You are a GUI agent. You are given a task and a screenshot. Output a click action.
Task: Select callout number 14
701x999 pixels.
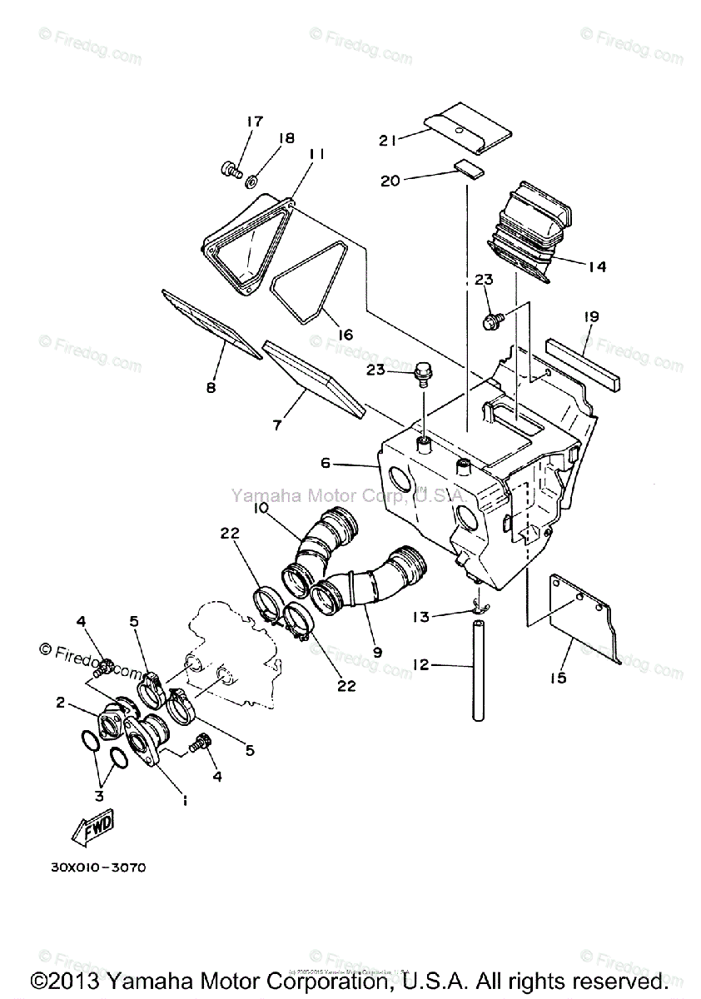coord(596,266)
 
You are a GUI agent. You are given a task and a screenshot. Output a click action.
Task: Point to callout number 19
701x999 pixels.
coord(591,316)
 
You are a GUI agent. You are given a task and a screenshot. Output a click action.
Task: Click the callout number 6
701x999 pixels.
coord(326,463)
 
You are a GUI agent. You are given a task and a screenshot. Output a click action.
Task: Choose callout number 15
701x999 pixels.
coord(558,678)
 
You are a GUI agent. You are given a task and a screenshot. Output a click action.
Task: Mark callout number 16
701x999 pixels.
coord(344,335)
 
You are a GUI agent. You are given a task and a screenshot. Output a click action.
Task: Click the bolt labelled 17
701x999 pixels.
coord(229,171)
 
